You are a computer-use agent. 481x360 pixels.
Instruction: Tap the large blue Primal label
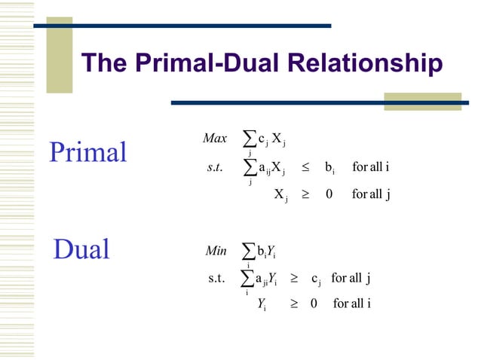88,152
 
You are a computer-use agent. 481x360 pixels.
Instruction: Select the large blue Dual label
81,249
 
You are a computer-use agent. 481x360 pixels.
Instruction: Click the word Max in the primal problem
215,139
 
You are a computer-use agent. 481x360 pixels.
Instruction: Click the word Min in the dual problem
216,249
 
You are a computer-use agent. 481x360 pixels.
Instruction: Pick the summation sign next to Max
250,139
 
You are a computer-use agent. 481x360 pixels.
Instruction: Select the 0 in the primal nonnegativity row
329,194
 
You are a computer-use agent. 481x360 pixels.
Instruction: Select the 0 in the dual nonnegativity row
313,304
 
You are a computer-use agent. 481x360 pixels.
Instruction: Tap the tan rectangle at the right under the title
422,102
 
